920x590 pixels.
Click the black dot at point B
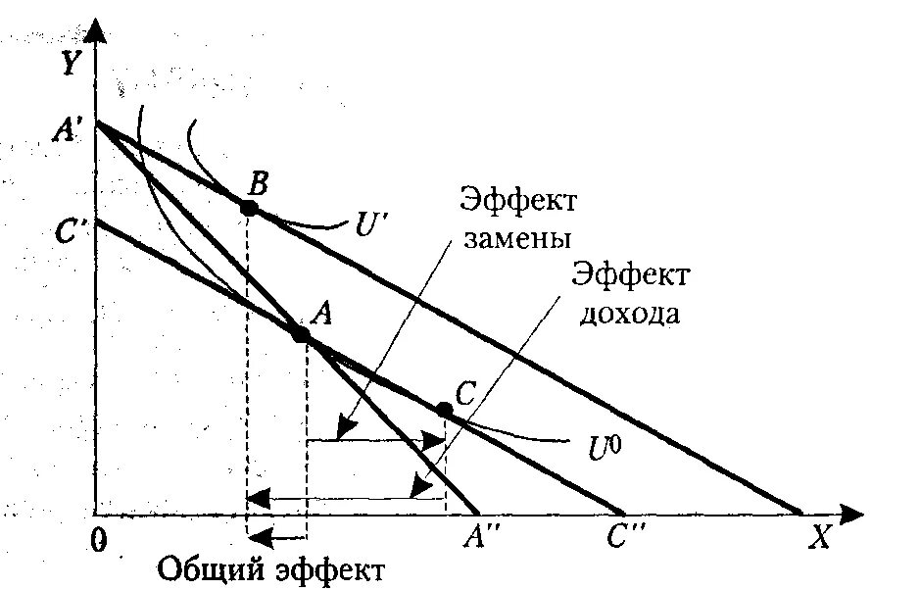[x=249, y=208]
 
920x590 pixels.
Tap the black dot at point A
[x=301, y=334]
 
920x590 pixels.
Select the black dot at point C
[x=444, y=409]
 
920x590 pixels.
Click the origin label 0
[x=96, y=539]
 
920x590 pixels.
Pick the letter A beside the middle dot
[x=323, y=313]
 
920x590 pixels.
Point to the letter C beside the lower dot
[x=465, y=394]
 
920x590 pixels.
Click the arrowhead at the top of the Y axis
[x=95, y=29]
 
